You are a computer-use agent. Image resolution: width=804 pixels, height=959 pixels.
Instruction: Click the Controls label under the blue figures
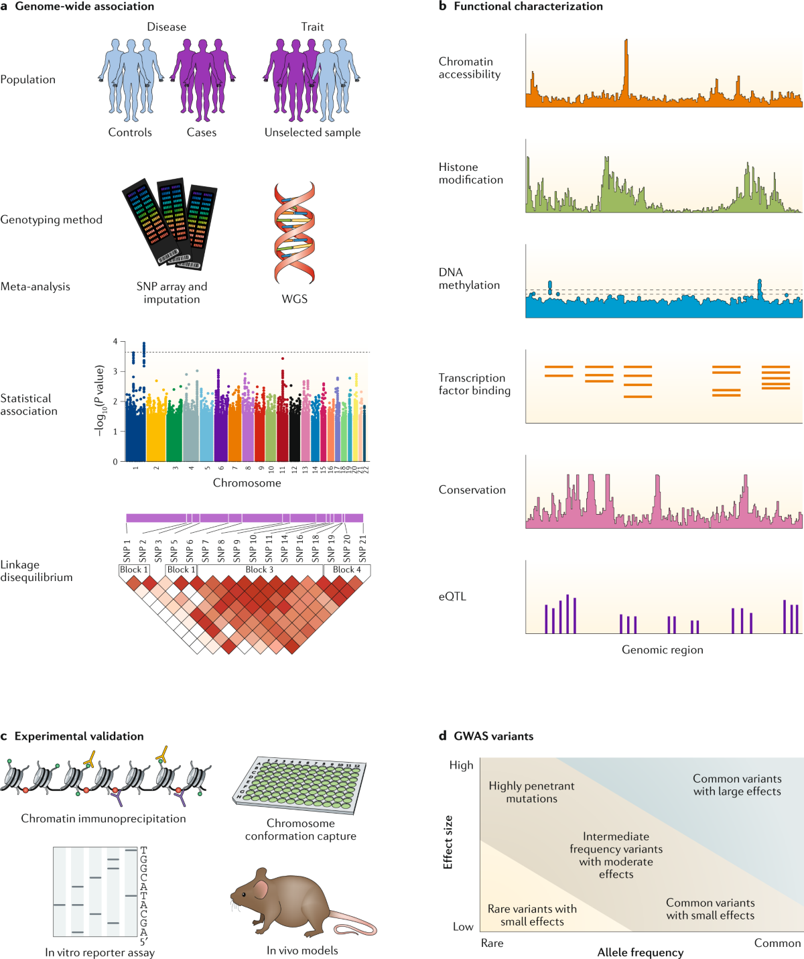(x=130, y=133)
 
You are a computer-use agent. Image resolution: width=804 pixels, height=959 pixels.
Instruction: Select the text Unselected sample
(x=312, y=133)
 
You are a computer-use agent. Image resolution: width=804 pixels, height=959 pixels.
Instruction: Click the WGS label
(x=294, y=299)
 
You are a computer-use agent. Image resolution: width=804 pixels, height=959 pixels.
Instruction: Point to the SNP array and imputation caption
(x=172, y=293)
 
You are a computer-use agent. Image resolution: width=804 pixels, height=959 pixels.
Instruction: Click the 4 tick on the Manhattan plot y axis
(x=115, y=342)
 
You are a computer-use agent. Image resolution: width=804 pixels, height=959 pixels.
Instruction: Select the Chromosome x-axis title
(x=247, y=483)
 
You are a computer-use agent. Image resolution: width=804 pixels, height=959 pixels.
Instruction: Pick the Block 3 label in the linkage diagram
(x=259, y=570)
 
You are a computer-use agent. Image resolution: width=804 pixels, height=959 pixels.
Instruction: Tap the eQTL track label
(x=452, y=596)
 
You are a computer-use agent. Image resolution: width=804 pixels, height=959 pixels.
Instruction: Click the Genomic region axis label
(x=662, y=649)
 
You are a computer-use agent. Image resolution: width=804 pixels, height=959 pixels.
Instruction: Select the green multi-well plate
(x=300, y=784)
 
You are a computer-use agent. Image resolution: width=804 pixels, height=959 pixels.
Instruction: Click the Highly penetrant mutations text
(x=531, y=792)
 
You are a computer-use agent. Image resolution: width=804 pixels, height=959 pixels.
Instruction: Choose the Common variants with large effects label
(x=737, y=785)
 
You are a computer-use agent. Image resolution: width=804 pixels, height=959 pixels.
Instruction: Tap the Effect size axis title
(x=448, y=842)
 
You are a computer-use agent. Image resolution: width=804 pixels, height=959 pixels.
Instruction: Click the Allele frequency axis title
(x=640, y=952)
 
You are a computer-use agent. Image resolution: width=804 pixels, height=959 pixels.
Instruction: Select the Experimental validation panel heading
(x=78, y=736)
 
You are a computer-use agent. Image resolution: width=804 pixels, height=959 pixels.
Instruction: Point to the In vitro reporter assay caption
(x=100, y=952)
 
